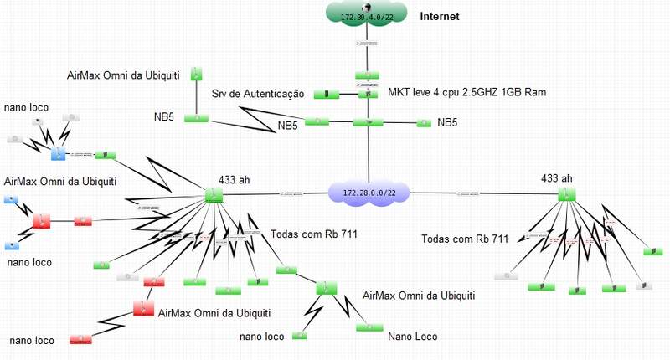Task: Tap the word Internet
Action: [440, 16]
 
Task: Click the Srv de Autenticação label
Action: [258, 95]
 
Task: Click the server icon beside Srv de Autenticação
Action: [321, 94]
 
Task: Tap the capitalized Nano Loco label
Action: [412, 337]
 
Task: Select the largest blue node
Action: [58, 153]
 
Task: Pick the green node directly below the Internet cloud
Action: [363, 75]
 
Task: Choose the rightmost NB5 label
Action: [447, 122]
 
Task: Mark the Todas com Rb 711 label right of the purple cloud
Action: [466, 239]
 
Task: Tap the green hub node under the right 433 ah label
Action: [567, 194]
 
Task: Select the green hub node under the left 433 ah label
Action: [213, 195]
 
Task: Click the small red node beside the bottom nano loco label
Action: [80, 339]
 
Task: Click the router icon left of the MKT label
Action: [364, 95]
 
